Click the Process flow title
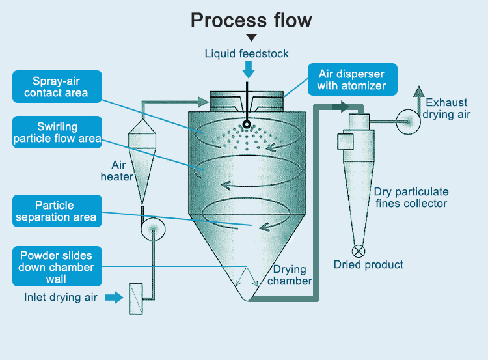click(251, 20)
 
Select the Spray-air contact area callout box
click(57, 87)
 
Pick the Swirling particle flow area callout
click(57, 132)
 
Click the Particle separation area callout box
click(57, 211)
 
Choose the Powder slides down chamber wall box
click(57, 267)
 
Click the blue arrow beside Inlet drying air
click(115, 298)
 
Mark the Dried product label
click(368, 265)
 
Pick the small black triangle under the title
click(251, 38)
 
